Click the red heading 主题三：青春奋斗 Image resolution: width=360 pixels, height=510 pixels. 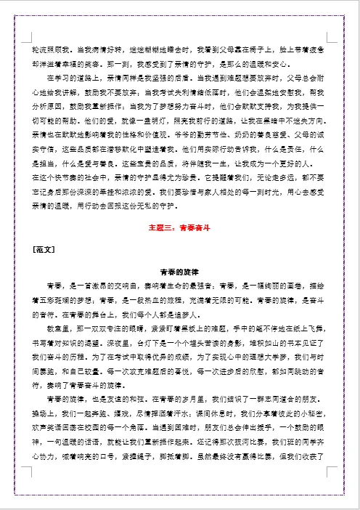[x=180, y=227]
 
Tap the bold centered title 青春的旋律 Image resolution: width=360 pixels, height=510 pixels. [x=180, y=271]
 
